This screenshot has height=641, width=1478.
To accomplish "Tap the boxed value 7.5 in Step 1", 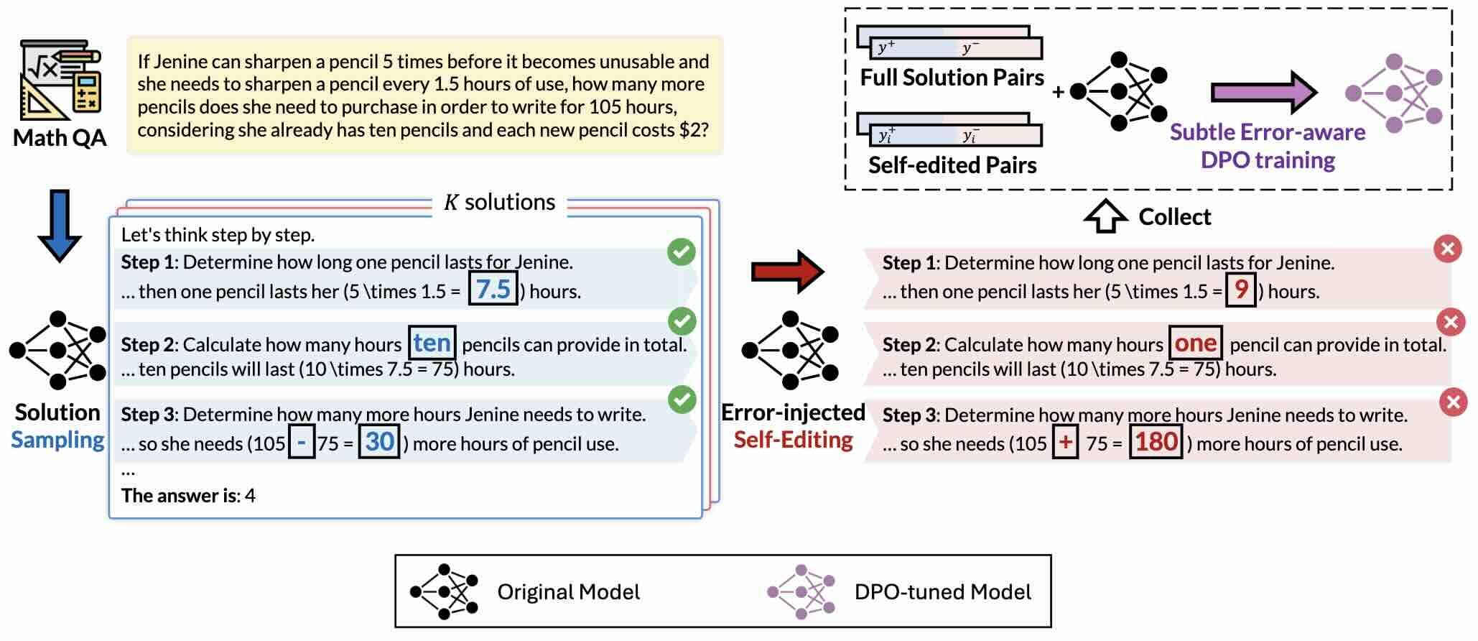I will [493, 290].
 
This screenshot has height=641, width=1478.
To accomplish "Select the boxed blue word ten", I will [432, 343].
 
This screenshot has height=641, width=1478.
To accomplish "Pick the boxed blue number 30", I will [379, 441].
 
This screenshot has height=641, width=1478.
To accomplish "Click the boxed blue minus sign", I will [302, 443].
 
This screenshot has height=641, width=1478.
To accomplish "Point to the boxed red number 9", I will [1240, 290].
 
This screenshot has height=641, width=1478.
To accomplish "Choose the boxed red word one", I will [1195, 343].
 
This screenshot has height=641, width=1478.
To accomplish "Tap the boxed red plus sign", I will [1065, 442].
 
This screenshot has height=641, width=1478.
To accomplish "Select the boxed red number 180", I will [1156, 442].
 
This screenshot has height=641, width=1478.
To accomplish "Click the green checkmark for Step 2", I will [682, 321].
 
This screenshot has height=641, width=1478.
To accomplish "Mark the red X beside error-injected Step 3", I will [1453, 402].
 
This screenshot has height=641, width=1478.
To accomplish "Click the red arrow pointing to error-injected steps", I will [787, 272].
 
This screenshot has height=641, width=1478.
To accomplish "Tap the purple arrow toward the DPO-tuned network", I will [1263, 93].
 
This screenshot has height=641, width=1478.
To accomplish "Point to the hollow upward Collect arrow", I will [1105, 216].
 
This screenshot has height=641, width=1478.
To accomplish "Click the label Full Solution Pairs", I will [952, 78].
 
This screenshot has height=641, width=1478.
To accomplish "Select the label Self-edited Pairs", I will [952, 165].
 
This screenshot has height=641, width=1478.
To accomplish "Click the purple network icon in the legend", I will [801, 592].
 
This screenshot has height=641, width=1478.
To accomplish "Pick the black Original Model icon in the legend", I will [444, 592].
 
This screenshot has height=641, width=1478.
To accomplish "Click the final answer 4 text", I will [250, 496].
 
